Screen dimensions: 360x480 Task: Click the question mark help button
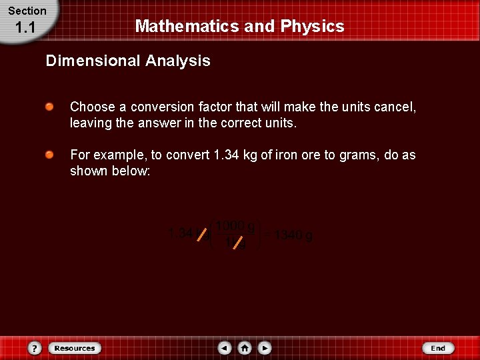point(35,348)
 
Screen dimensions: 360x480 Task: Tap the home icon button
point(245,348)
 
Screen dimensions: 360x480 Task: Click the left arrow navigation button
point(225,348)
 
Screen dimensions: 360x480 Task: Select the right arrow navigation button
point(265,348)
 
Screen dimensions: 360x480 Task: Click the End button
point(438,348)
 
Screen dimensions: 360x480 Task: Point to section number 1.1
point(25,28)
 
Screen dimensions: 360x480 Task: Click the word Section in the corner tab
point(27,11)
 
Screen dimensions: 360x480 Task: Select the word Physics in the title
point(312,27)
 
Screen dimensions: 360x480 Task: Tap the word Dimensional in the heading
point(92,61)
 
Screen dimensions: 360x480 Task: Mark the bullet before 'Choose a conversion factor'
point(50,107)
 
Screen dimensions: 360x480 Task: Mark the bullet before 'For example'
point(50,155)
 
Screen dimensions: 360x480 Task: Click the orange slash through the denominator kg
point(237,243)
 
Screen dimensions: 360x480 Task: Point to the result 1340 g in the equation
point(293,236)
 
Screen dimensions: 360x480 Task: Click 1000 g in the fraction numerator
point(235,227)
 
